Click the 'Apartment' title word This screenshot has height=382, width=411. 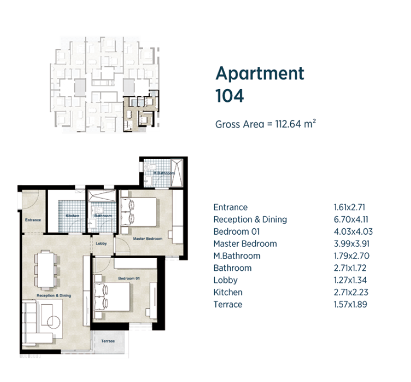pos(260,74)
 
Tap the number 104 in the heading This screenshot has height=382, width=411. pos(230,95)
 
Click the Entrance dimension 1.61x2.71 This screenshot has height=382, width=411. pos(349,207)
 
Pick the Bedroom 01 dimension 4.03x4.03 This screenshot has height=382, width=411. pos(353,232)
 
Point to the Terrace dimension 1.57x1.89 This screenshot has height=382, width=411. pos(350,305)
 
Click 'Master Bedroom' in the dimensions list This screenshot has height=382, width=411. pos(245,244)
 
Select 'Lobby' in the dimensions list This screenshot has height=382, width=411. pos(225,280)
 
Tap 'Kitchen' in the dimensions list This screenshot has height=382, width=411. pos(228,292)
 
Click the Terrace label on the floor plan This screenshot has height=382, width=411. pos(108,341)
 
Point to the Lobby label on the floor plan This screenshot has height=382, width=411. pos(101,244)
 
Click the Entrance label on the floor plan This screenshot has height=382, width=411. pos(33,220)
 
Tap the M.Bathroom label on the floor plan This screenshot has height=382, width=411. pos(164,173)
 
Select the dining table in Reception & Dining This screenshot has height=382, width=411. pos(46,270)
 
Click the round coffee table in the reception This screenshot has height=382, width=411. pos(54,322)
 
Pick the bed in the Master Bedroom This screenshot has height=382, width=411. pos(138,212)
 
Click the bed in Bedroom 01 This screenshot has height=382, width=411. pos(112,297)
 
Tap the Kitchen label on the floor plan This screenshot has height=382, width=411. pos(72,216)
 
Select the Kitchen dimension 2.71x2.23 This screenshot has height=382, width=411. pos(351,292)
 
